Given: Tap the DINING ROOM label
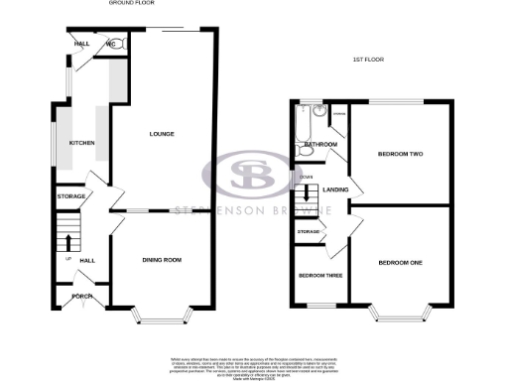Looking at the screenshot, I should [x=162, y=260].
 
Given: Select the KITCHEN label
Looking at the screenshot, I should [x=81, y=144].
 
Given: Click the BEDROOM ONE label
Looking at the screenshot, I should [x=400, y=262].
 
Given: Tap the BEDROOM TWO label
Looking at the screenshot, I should [x=400, y=154].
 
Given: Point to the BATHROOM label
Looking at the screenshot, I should [x=321, y=145].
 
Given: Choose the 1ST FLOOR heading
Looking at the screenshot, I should [x=368, y=60].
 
